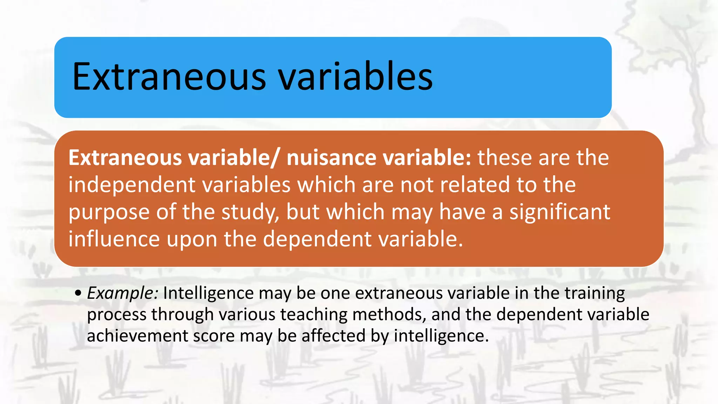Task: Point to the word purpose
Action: [109, 213]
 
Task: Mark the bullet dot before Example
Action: [78, 293]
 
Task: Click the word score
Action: [214, 336]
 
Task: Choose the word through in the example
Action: [182, 315]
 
